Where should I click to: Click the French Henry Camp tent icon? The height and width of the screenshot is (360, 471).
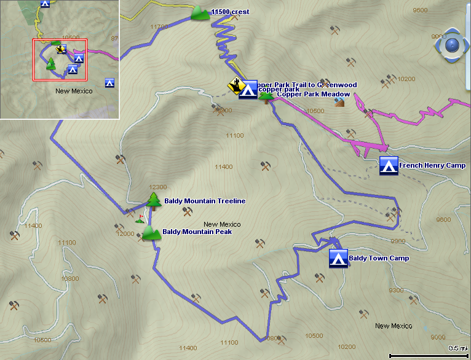point(388,166)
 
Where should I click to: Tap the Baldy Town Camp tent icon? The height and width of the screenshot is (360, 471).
point(338,258)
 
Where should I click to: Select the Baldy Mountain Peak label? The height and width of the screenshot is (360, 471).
point(192,233)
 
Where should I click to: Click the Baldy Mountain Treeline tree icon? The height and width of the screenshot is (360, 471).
point(153,201)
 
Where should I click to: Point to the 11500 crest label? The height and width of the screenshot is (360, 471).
point(230,12)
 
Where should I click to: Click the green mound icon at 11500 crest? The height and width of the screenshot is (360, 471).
point(200,13)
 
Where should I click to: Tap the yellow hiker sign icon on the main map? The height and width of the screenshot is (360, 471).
point(235,85)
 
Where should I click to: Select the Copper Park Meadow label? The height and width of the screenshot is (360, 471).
point(313,94)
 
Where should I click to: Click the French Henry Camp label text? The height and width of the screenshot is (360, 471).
point(432,166)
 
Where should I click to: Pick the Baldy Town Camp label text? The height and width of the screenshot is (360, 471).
point(379,259)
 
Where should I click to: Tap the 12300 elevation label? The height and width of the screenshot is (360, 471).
point(158,187)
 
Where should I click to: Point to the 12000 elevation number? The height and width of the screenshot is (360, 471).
point(125,234)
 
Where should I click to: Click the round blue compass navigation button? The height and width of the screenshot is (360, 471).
point(452,45)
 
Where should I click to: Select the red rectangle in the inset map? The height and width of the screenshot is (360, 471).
point(60,60)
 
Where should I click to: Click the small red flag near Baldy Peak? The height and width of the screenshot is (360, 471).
point(141,217)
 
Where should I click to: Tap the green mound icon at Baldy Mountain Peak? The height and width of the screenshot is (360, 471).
point(149,233)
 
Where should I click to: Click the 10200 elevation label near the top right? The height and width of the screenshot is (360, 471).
point(406,79)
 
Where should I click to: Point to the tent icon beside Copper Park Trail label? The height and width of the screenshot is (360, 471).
point(248,90)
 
